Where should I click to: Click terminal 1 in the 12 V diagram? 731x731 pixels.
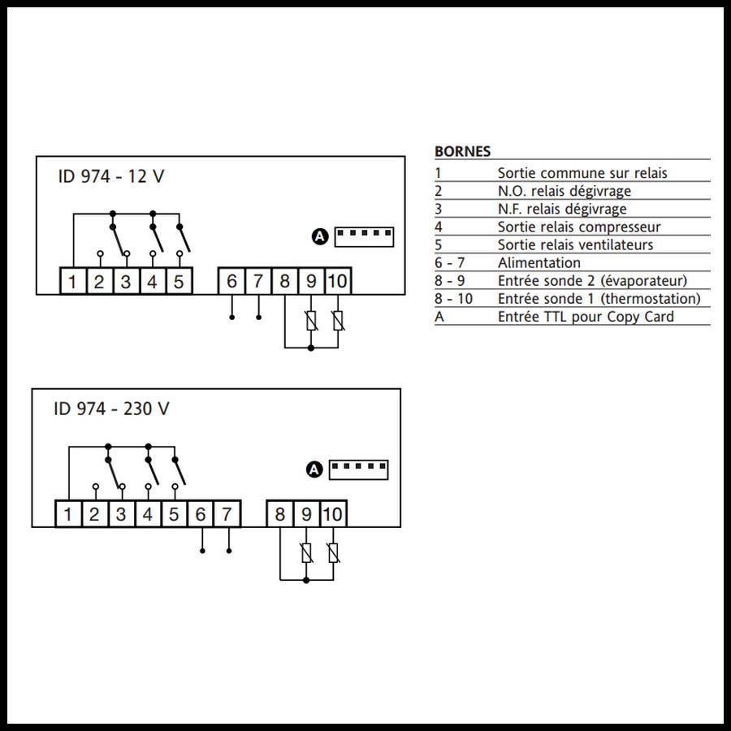(x=73, y=282)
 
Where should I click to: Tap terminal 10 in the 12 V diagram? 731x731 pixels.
(x=337, y=282)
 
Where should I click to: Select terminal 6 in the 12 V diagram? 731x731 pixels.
(x=231, y=282)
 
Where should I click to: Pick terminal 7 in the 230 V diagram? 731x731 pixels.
(x=227, y=514)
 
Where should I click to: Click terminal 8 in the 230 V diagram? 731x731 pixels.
(x=280, y=514)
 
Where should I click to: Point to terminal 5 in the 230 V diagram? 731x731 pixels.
(x=174, y=514)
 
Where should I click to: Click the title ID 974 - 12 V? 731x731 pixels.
(x=110, y=176)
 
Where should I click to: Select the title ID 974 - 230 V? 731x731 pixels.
(x=111, y=409)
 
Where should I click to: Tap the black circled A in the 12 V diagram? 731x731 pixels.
(x=320, y=236)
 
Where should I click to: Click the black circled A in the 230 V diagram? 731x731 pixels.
(x=315, y=469)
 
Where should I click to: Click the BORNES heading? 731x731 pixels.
(x=462, y=151)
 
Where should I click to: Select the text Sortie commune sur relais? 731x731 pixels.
(x=582, y=173)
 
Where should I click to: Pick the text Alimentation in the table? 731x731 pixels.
(x=539, y=262)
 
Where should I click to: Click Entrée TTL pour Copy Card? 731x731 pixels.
(x=586, y=316)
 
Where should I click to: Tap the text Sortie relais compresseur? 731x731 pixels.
(x=579, y=227)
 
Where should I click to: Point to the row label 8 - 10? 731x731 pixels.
(x=453, y=298)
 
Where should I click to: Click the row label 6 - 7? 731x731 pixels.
(x=450, y=262)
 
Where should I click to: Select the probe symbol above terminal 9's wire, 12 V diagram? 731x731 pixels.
(x=311, y=321)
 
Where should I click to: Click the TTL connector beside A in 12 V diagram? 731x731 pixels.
(x=363, y=236)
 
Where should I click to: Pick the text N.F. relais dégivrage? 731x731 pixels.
(x=562, y=209)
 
